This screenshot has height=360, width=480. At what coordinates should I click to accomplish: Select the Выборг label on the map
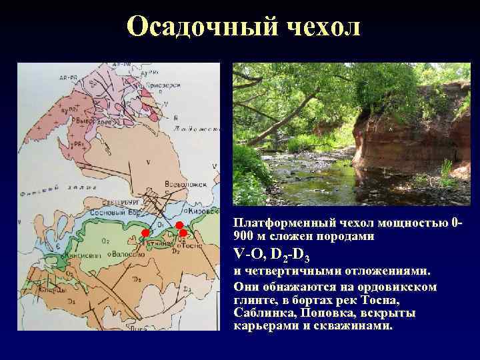(85, 122)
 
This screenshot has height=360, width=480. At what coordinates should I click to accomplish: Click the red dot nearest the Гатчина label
(144, 232)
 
